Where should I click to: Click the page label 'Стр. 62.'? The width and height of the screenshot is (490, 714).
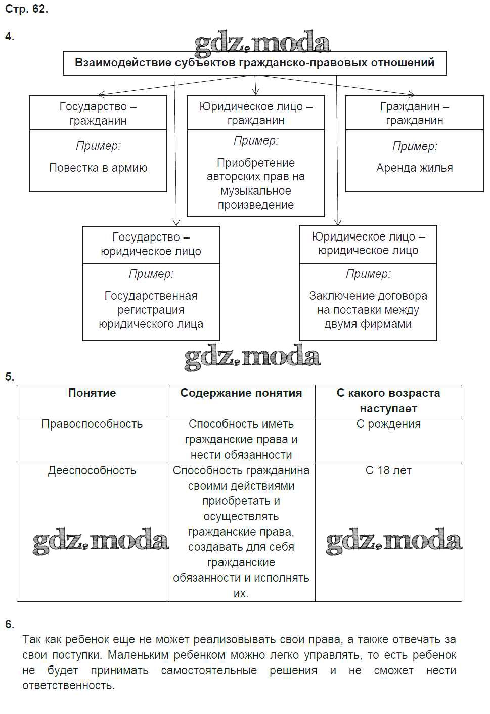pyautogui.click(x=26, y=9)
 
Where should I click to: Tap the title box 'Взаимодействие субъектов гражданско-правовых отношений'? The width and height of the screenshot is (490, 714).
pyautogui.click(x=254, y=63)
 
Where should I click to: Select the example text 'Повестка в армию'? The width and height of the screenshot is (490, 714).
pyautogui.click(x=98, y=168)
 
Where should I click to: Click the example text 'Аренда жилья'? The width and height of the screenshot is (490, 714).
pyautogui.click(x=414, y=168)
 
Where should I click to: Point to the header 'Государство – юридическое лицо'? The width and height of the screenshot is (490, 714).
pyautogui.click(x=151, y=244)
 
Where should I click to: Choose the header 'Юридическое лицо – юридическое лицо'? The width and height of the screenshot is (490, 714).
pyautogui.click(x=368, y=244)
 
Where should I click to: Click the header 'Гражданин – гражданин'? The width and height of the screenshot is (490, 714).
pyautogui.click(x=414, y=113)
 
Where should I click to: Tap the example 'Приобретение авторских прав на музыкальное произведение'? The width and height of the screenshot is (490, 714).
pyautogui.click(x=255, y=183)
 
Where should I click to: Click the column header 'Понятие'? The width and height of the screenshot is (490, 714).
pyautogui.click(x=92, y=393)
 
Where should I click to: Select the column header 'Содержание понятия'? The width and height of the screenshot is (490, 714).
pyautogui.click(x=241, y=393)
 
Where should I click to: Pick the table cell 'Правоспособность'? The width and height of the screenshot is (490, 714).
pyautogui.click(x=92, y=424)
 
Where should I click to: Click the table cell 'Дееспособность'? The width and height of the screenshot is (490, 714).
pyautogui.click(x=92, y=471)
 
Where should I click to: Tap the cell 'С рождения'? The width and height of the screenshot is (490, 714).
pyautogui.click(x=388, y=424)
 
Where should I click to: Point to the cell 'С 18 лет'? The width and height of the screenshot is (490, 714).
pyautogui.click(x=388, y=471)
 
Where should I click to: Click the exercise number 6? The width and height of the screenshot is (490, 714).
pyautogui.click(x=10, y=624)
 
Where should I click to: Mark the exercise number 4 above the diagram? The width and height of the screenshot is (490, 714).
pyautogui.click(x=10, y=36)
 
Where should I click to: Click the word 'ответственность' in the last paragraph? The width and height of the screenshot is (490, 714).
pyautogui.click(x=68, y=686)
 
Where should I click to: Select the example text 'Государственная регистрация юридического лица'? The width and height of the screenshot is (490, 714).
pyautogui.click(x=151, y=310)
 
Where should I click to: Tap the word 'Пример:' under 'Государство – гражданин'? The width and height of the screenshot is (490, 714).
pyautogui.click(x=98, y=146)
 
